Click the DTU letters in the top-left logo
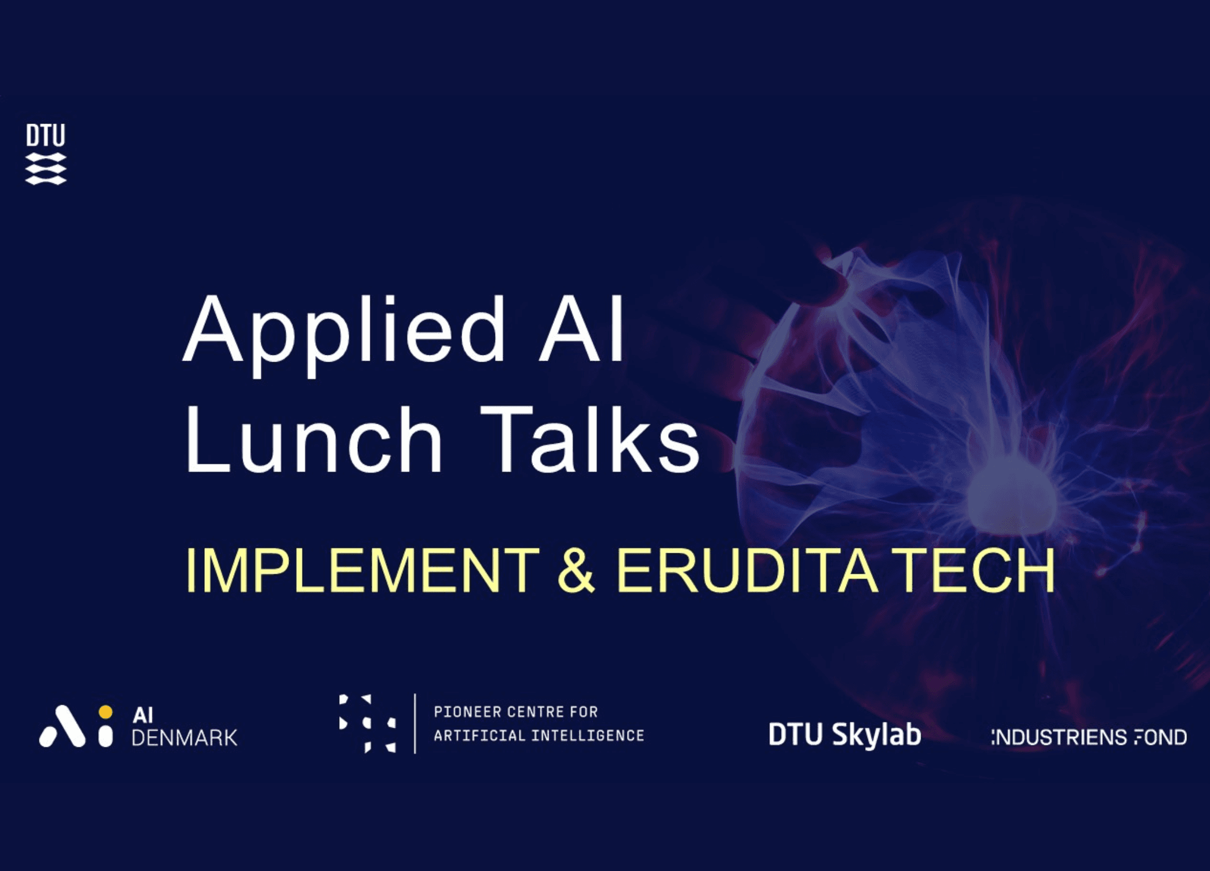pos(46,135)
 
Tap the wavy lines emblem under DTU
pos(46,169)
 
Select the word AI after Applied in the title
pos(581,328)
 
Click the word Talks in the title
pos(590,438)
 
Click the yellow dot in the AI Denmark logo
pos(106,712)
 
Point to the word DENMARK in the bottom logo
pos(185,738)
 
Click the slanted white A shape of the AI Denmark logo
pos(62,726)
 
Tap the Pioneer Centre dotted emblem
pos(367,724)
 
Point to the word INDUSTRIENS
pos(1051,737)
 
